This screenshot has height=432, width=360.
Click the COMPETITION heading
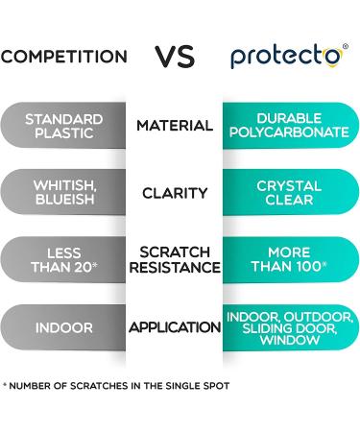63,57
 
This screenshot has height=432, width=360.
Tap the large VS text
176,56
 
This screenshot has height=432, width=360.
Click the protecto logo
285,56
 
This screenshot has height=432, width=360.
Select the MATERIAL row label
175,126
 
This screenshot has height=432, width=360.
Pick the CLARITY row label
175,193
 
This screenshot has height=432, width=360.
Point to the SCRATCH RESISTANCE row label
175,259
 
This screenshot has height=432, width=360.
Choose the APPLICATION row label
175,327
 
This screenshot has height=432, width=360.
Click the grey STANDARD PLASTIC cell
63,126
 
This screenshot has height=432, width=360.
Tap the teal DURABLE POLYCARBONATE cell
289,126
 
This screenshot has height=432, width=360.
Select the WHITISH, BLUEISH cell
63,193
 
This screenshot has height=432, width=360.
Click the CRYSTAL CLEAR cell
289,193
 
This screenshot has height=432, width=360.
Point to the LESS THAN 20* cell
63,259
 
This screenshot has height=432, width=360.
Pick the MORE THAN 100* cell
289,259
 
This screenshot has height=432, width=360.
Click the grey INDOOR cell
63,327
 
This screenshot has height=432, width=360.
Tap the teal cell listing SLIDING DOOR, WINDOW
289,327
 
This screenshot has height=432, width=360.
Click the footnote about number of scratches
116,386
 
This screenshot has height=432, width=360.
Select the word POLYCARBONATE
289,132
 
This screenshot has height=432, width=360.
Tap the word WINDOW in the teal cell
289,341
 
